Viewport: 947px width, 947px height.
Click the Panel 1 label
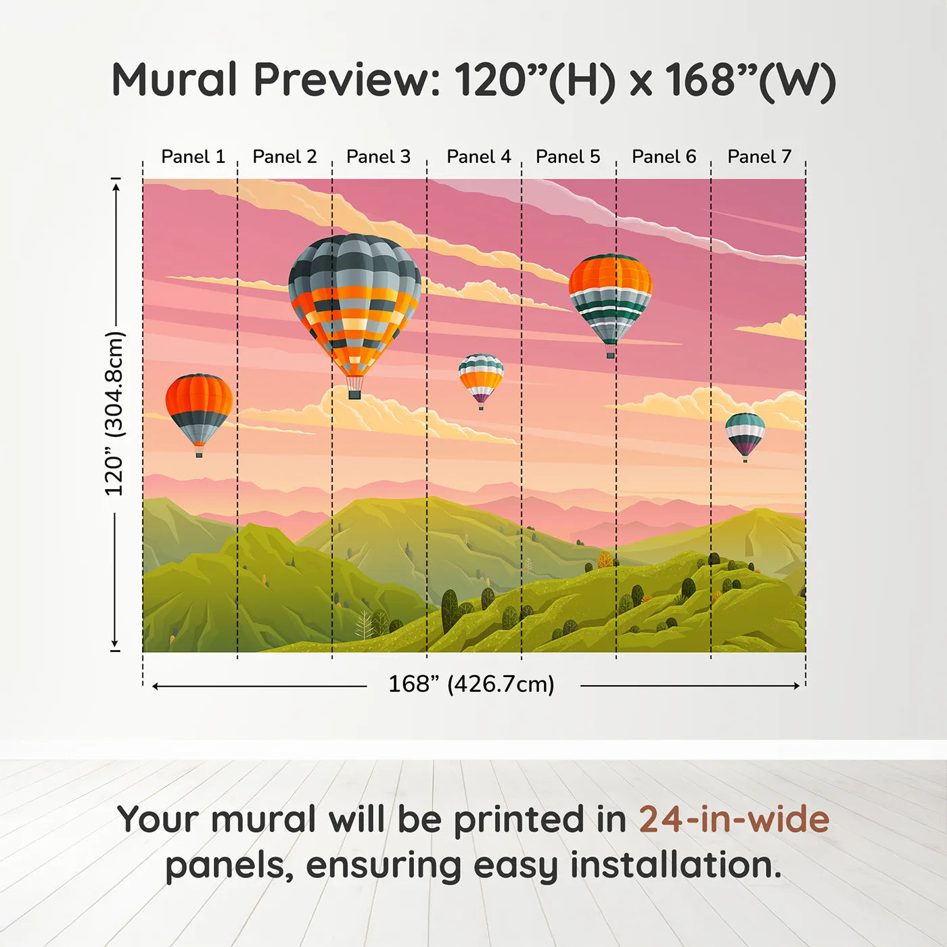click(x=193, y=157)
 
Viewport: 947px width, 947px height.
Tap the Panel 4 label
click(x=478, y=157)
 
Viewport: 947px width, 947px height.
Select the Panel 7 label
click(x=759, y=157)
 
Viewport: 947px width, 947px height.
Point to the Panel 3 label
click(x=378, y=157)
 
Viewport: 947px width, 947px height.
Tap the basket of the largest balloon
click(x=354, y=394)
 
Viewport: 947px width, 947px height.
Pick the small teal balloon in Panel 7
click(x=745, y=434)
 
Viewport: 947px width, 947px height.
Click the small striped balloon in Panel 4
click(x=481, y=377)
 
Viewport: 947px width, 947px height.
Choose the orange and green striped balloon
click(x=610, y=298)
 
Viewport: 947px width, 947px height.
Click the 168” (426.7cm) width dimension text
click(x=471, y=685)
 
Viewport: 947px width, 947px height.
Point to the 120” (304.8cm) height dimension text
click(x=114, y=414)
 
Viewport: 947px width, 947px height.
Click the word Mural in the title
click(x=175, y=80)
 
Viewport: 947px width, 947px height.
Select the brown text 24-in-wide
click(x=734, y=820)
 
